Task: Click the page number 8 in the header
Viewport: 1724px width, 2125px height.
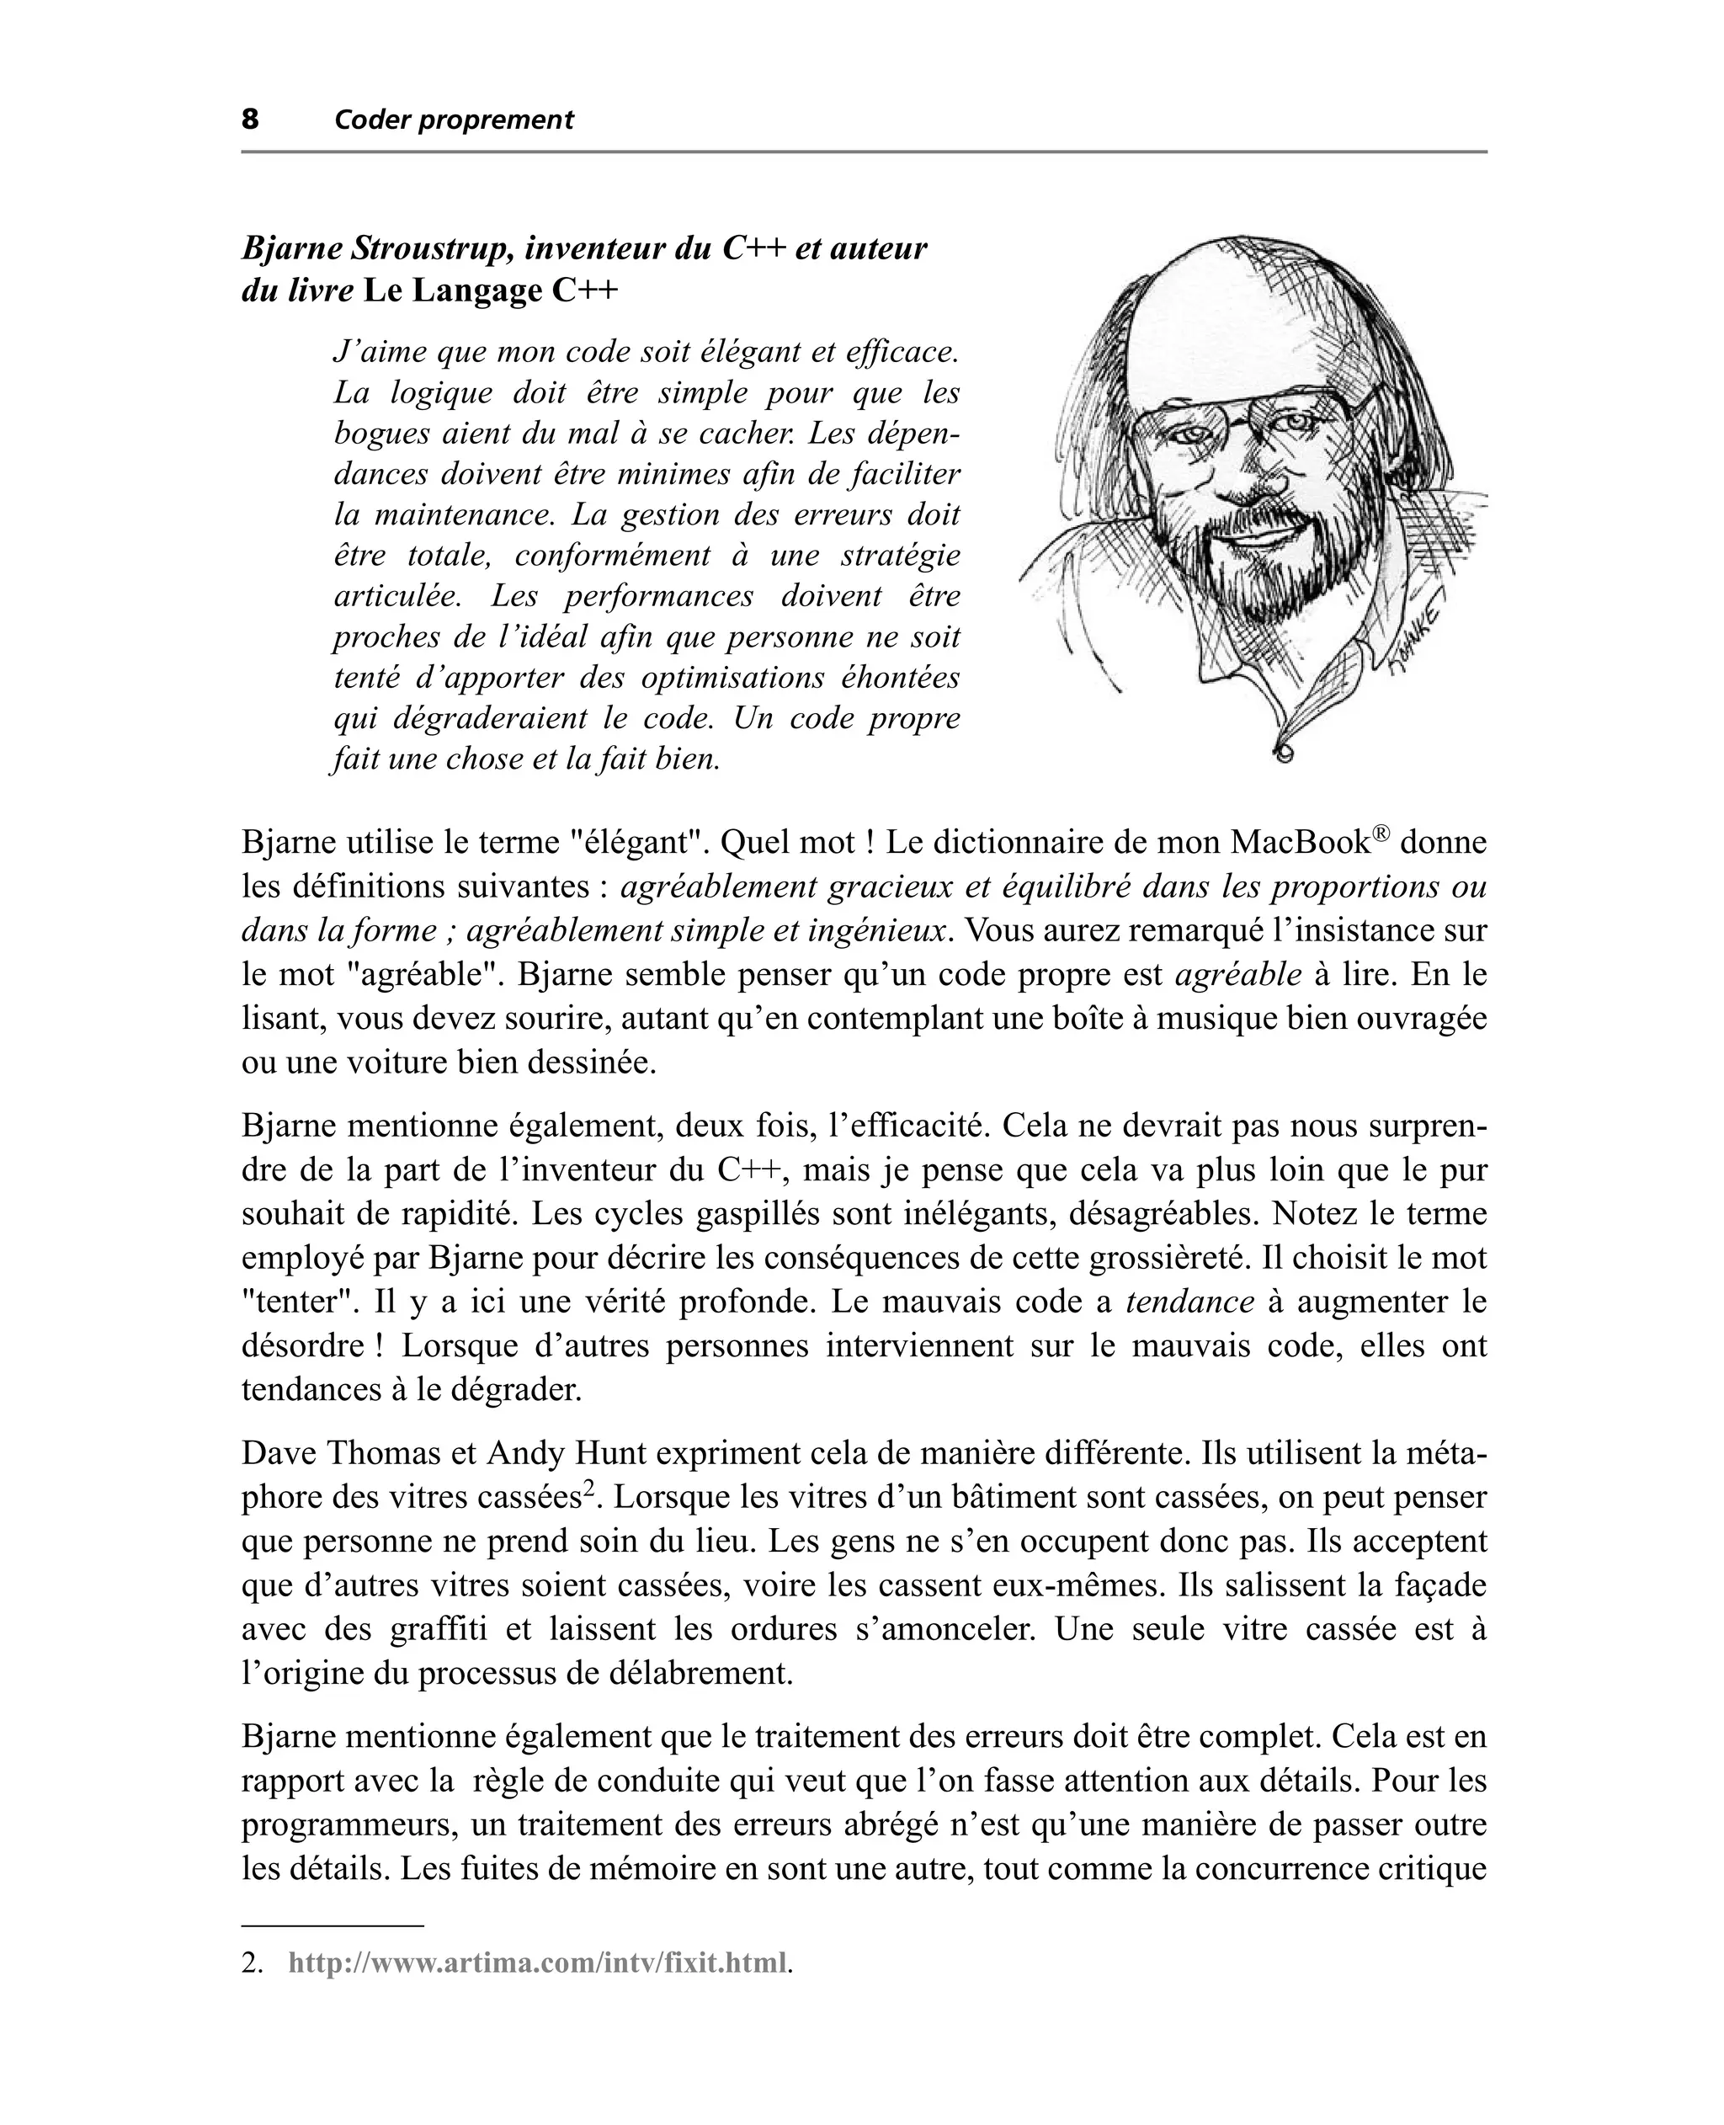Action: click(x=250, y=120)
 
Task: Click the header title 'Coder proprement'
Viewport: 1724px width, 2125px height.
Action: click(x=454, y=120)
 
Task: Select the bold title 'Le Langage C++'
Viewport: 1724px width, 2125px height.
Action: click(x=491, y=292)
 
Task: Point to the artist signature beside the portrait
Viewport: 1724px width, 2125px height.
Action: click(x=1419, y=636)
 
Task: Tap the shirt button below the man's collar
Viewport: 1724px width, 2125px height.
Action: click(x=1284, y=754)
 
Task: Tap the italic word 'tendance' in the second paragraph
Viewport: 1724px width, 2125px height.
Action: click(x=1189, y=1302)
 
